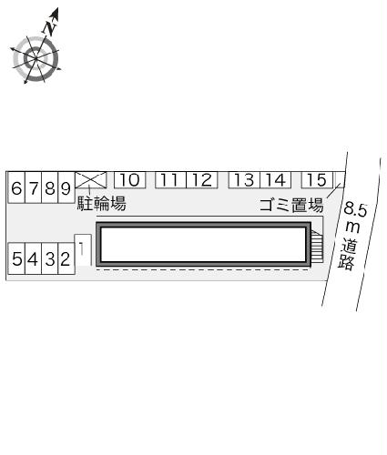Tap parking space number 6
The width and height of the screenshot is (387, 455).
click(x=17, y=189)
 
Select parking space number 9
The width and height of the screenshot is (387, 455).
click(x=64, y=189)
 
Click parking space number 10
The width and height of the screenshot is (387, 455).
click(x=128, y=180)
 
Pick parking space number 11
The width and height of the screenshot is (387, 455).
click(x=170, y=180)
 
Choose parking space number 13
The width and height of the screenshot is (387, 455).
click(x=243, y=180)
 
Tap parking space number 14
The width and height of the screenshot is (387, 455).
click(x=275, y=180)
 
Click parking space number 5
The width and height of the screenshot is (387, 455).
click(x=17, y=258)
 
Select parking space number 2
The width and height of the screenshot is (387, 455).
click(x=64, y=258)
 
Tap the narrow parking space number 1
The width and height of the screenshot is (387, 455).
click(x=82, y=251)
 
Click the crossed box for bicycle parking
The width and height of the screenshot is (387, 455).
click(x=91, y=179)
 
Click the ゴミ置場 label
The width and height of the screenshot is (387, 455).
click(x=291, y=205)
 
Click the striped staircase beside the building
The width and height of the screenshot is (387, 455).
click(x=316, y=246)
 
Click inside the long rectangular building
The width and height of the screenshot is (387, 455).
click(x=202, y=244)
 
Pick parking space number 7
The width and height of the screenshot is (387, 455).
click(x=33, y=189)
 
